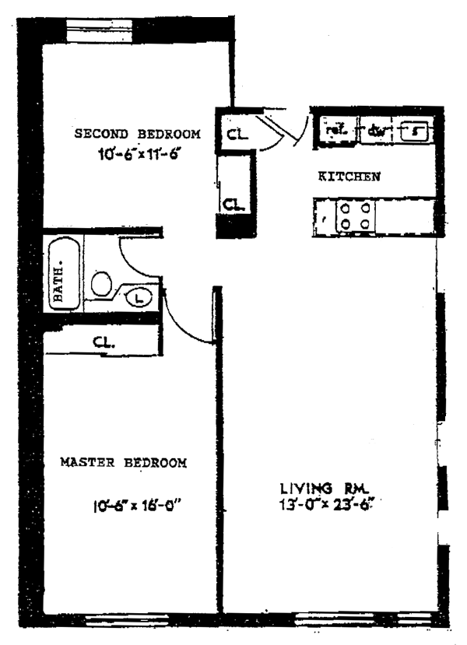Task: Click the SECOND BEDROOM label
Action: click(x=137, y=134)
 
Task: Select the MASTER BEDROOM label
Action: click(x=123, y=463)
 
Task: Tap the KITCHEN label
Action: click(x=349, y=177)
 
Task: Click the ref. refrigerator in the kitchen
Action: click(x=335, y=131)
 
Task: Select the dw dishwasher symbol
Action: click(x=376, y=131)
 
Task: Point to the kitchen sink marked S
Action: click(x=416, y=131)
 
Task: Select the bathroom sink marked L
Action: click(x=137, y=296)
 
